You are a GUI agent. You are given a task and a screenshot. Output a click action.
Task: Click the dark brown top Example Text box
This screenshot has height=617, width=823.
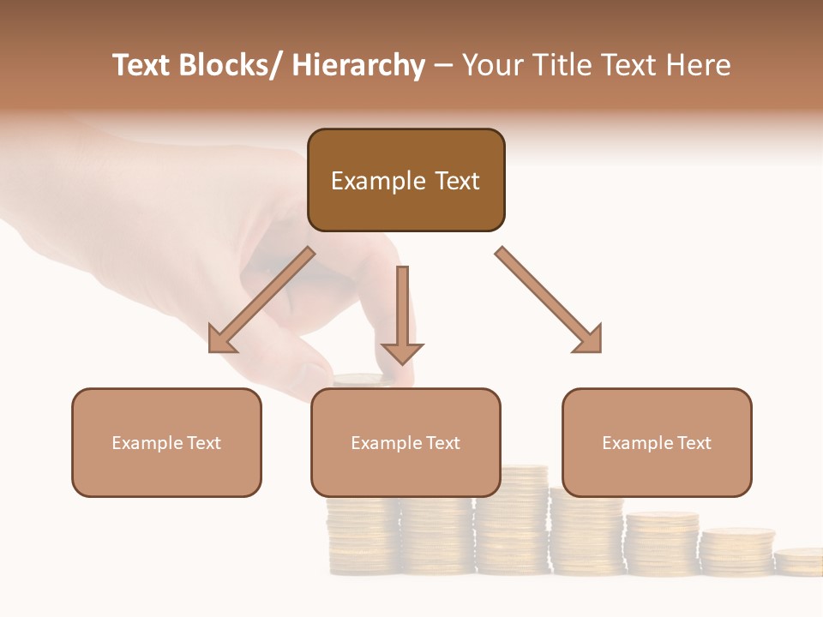click(405, 180)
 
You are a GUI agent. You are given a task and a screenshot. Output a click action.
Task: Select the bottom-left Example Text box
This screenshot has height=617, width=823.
click(166, 442)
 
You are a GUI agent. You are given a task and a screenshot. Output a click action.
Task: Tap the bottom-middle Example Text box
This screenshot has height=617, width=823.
click(405, 442)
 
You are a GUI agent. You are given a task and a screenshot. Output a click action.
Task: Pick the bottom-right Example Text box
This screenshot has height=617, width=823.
click(657, 442)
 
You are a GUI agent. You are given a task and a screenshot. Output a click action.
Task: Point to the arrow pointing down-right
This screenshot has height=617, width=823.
click(550, 300)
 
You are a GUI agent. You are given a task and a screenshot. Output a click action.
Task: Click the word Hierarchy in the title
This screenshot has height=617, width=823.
click(357, 65)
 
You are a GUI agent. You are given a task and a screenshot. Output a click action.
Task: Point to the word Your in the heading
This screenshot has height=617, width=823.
click(493, 65)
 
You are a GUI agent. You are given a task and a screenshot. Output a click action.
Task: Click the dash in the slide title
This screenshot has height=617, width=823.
click(442, 65)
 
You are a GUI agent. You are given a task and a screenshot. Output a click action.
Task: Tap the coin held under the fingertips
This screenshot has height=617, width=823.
click(361, 379)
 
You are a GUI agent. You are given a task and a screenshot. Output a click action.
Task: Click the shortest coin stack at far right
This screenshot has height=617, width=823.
click(799, 561)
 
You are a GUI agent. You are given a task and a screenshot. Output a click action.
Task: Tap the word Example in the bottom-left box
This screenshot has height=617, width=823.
click(147, 442)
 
